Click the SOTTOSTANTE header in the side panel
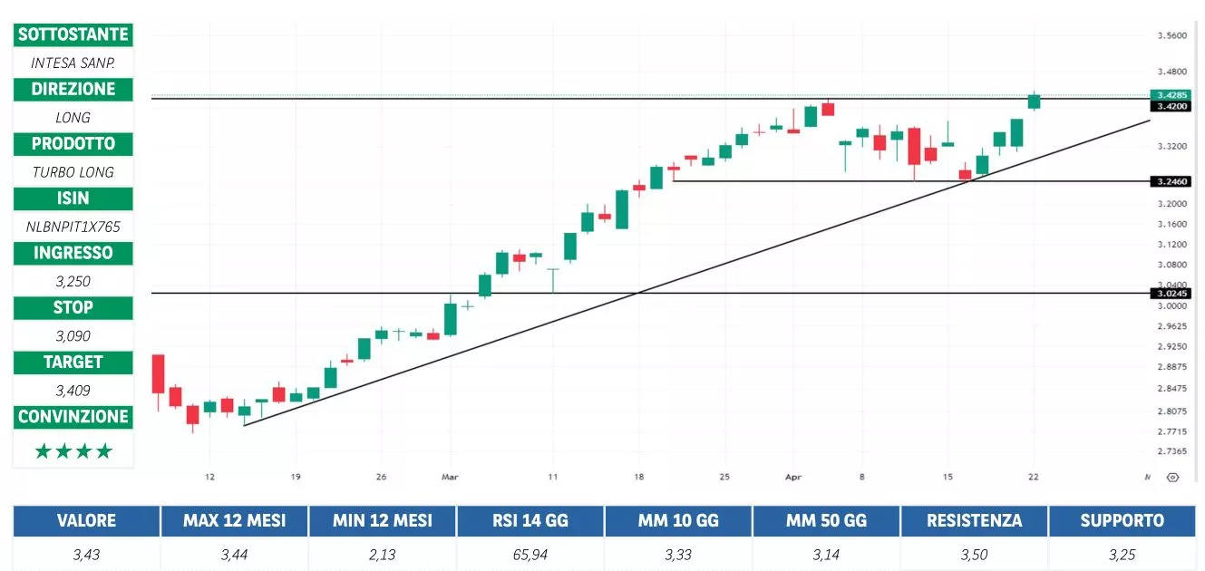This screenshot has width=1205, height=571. [73, 35]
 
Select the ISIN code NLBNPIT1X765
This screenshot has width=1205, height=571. [73, 227]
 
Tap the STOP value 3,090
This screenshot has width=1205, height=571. [73, 335]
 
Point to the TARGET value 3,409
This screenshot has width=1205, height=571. [73, 391]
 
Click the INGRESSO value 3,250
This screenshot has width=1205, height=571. [73, 281]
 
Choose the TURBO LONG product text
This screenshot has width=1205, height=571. [73, 172]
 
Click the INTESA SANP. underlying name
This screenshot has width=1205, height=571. [73, 63]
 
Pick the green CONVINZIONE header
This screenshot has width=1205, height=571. [73, 417]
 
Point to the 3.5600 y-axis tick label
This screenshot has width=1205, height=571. [1171, 36]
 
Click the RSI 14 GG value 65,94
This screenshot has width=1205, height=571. [530, 555]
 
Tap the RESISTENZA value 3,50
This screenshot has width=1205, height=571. [974, 555]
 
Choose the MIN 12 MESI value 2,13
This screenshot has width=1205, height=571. [382, 555]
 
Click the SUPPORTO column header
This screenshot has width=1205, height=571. [1122, 521]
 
